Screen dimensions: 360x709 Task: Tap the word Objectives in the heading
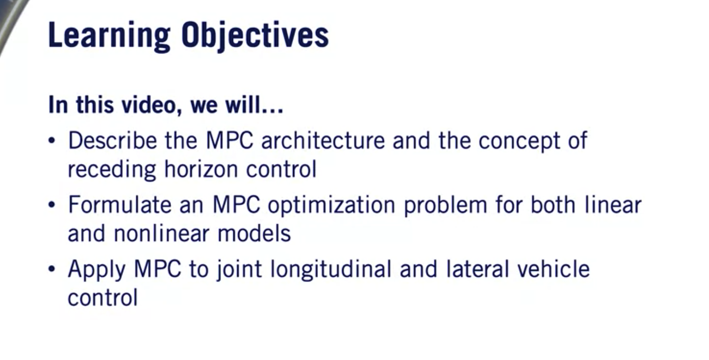255,36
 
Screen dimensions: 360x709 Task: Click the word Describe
112,141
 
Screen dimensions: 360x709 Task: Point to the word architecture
323,141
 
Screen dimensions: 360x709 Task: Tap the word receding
111,170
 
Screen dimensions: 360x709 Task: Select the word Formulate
120,205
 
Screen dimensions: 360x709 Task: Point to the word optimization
331,206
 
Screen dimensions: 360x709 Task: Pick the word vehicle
554,269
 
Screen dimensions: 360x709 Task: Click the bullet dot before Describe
53,141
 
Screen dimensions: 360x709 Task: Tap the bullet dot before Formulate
53,205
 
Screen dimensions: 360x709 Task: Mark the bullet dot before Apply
53,270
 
